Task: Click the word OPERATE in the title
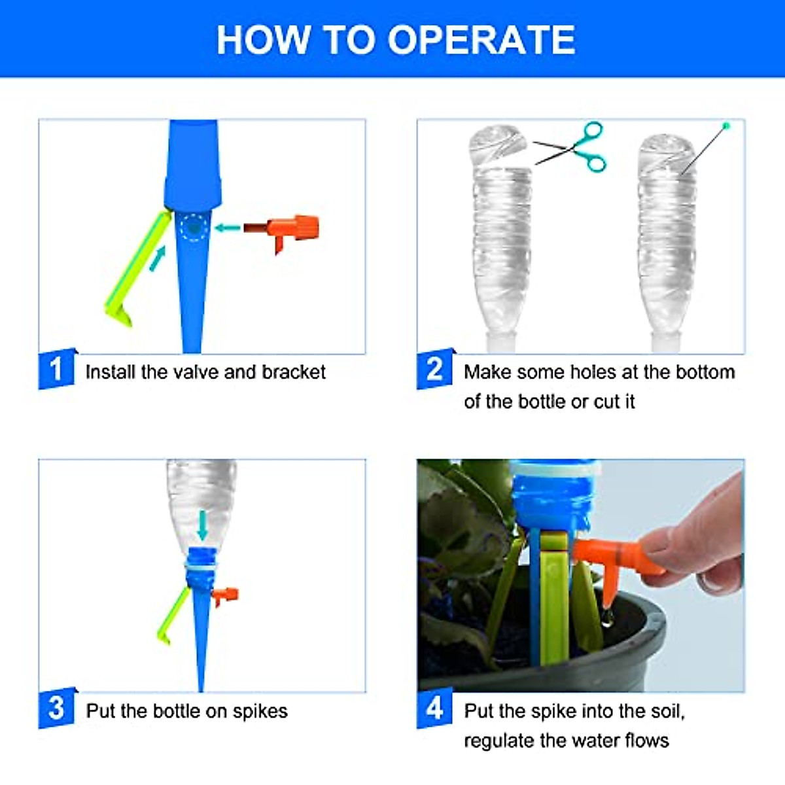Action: pyautogui.click(x=481, y=40)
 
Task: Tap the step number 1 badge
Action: pyautogui.click(x=56, y=369)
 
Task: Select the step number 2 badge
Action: pyautogui.click(x=434, y=369)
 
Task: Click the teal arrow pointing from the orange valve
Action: pyautogui.click(x=227, y=227)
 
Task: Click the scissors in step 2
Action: pyautogui.click(x=572, y=147)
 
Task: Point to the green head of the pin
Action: pyautogui.click(x=726, y=126)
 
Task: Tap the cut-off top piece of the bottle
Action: pyautogui.click(x=497, y=145)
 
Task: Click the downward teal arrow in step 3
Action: pyautogui.click(x=202, y=526)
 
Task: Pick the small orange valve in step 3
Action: pyautogui.click(x=225, y=596)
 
